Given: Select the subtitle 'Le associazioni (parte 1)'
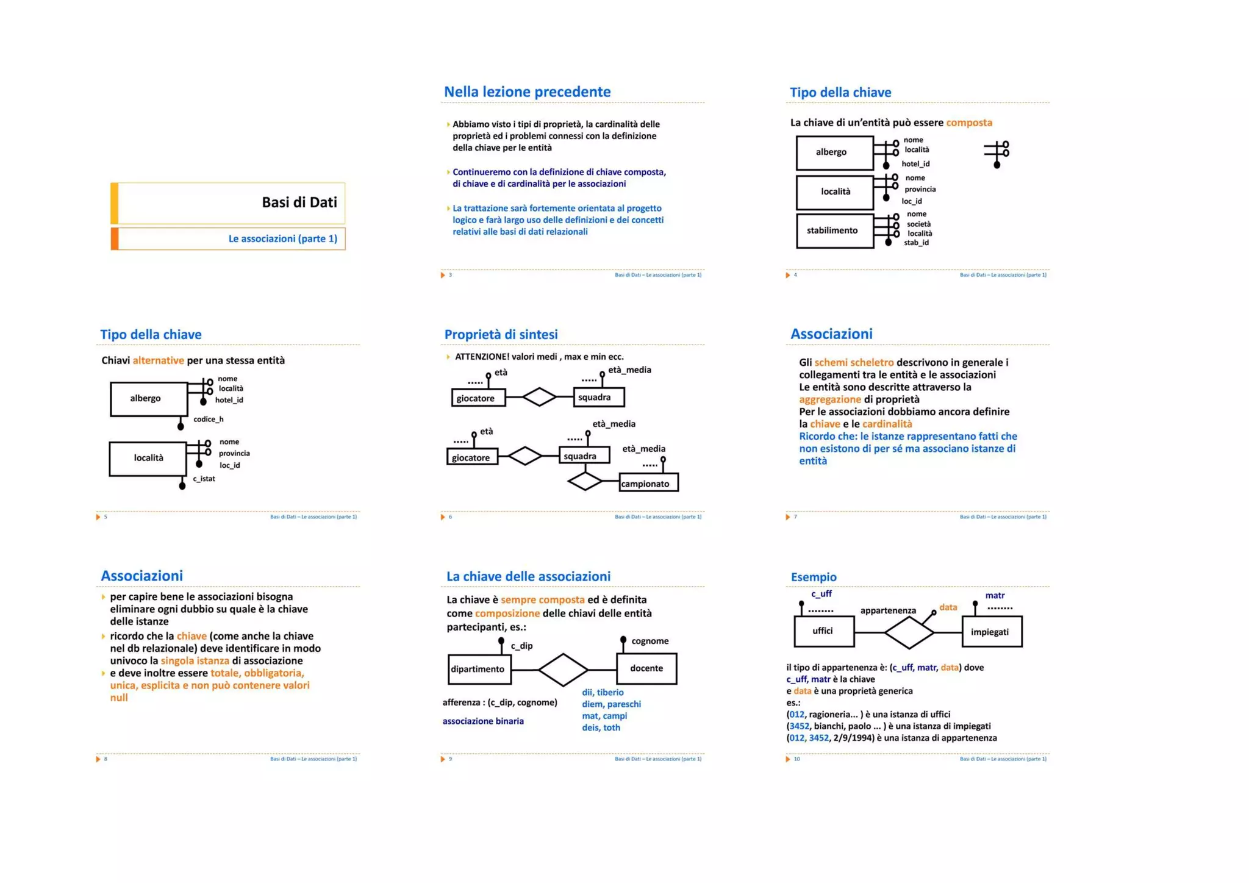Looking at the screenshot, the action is coord(282,238).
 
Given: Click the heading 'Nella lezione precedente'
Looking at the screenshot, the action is coord(527,92).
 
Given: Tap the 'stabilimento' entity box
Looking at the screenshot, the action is coord(834,231).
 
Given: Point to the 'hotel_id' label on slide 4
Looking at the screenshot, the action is coord(915,163).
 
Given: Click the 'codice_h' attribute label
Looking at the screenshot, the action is coord(208,419).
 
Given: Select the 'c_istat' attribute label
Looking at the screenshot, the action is coord(204,479).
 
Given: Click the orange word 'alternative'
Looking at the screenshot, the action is coord(158,360).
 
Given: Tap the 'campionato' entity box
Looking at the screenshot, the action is coord(648,483).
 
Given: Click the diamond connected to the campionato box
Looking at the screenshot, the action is coord(585,482).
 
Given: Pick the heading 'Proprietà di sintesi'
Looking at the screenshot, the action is coord(501,334).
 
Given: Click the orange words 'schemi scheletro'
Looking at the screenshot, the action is coord(853,362).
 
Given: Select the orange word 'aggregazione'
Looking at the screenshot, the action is coord(829,399).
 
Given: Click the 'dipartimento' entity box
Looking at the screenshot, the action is coord(479,669).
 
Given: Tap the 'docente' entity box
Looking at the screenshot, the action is coord(646,668).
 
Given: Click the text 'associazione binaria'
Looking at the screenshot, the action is coord(483,721).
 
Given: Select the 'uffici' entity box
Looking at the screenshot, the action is coord(823,631).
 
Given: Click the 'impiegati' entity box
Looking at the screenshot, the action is coord(990,632).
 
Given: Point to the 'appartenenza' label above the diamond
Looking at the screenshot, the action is coord(887,610).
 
